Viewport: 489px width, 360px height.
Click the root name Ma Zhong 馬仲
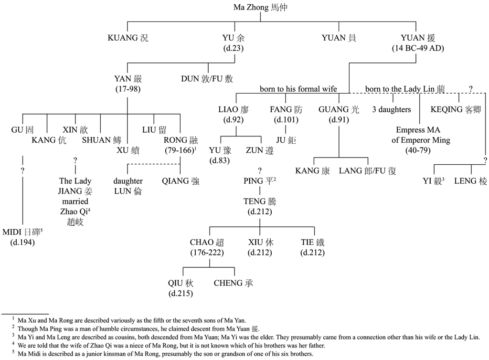[x=261, y=8]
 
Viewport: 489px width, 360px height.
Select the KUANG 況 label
[x=128, y=38]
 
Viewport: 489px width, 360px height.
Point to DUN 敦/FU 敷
[x=207, y=79]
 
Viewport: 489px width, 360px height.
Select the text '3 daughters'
[x=392, y=109]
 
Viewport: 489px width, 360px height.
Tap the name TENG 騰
[x=260, y=201]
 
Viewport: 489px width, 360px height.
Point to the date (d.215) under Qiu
[x=181, y=293]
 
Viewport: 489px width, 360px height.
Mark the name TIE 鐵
[x=313, y=242]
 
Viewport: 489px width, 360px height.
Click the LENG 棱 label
[x=471, y=181]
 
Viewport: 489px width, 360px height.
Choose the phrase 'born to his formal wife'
[x=298, y=89]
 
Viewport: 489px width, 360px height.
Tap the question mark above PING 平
[x=260, y=171]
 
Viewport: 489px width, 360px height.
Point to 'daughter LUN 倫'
[x=128, y=186]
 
